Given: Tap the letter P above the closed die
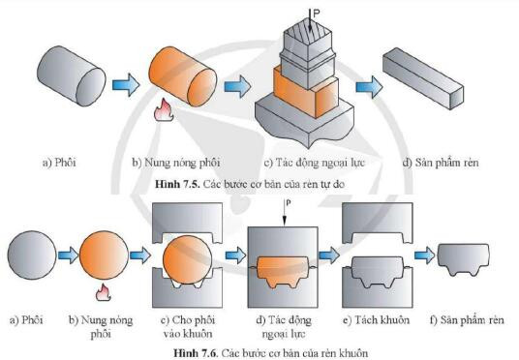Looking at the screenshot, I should tap(289, 202).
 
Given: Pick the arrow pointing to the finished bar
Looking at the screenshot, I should tap(368, 86).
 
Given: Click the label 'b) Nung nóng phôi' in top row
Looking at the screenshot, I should tap(180, 162).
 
